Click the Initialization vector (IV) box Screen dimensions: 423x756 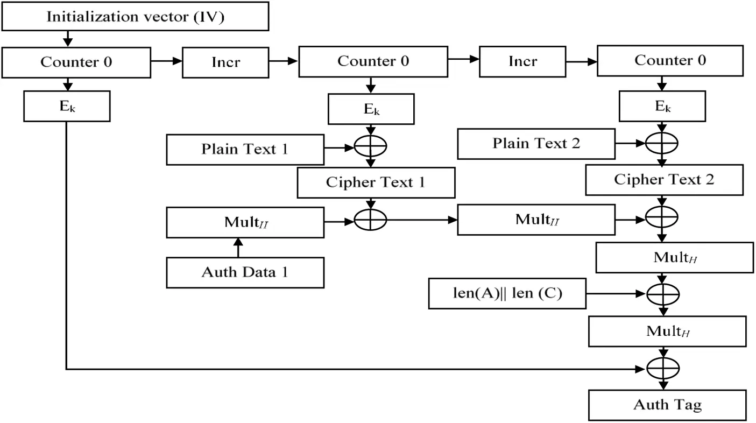(x=135, y=16)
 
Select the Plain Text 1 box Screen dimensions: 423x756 (x=245, y=149)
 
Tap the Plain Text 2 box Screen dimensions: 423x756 (x=536, y=144)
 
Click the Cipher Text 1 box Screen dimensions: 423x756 (x=376, y=182)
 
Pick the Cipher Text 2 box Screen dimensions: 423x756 (x=664, y=180)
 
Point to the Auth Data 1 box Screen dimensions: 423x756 (x=245, y=272)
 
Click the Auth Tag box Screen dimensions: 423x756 (x=667, y=405)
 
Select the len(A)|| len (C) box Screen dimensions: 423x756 (x=507, y=294)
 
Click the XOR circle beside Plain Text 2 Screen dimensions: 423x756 (x=662, y=143)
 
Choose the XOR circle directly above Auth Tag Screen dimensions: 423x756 (x=662, y=369)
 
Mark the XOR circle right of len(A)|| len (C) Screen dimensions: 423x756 (x=662, y=294)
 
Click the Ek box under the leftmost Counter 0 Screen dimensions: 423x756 (x=67, y=106)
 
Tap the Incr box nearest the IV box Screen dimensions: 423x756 (x=225, y=62)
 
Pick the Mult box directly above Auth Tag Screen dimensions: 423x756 (x=667, y=332)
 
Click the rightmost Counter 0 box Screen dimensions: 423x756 (x=669, y=61)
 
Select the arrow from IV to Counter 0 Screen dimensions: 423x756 (x=67, y=38)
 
